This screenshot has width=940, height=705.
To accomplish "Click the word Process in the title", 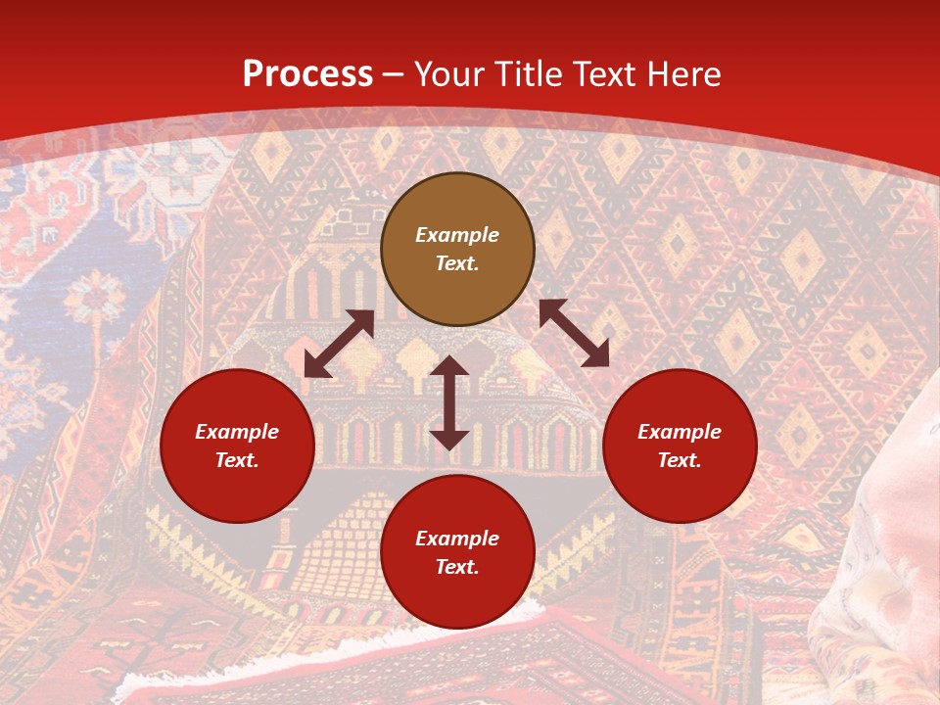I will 307,74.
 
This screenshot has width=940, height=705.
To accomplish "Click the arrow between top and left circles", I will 339,344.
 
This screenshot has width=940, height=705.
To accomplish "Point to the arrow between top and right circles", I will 574,333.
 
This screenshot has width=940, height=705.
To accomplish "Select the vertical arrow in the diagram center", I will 449,402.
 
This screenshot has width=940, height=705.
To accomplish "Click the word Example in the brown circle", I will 457,235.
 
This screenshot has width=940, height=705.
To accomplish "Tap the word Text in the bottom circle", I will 457,567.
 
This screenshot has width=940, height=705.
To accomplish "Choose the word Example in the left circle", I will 237,432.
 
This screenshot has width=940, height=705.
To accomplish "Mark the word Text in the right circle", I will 680,460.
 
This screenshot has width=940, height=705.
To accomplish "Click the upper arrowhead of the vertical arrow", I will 449,367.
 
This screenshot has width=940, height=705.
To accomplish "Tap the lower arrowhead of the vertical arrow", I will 449,439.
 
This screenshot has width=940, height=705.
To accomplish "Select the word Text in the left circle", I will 237,460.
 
